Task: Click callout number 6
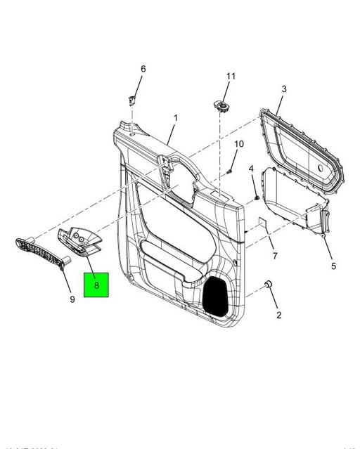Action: click(x=143, y=69)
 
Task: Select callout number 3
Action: click(x=283, y=89)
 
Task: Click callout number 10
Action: click(x=238, y=145)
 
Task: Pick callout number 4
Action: click(x=251, y=169)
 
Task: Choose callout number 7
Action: click(x=275, y=255)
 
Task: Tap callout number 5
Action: click(x=333, y=266)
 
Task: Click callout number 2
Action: click(x=278, y=315)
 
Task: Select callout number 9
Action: click(x=72, y=299)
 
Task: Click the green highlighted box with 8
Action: click(x=97, y=285)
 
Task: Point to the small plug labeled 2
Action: click(x=268, y=285)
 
